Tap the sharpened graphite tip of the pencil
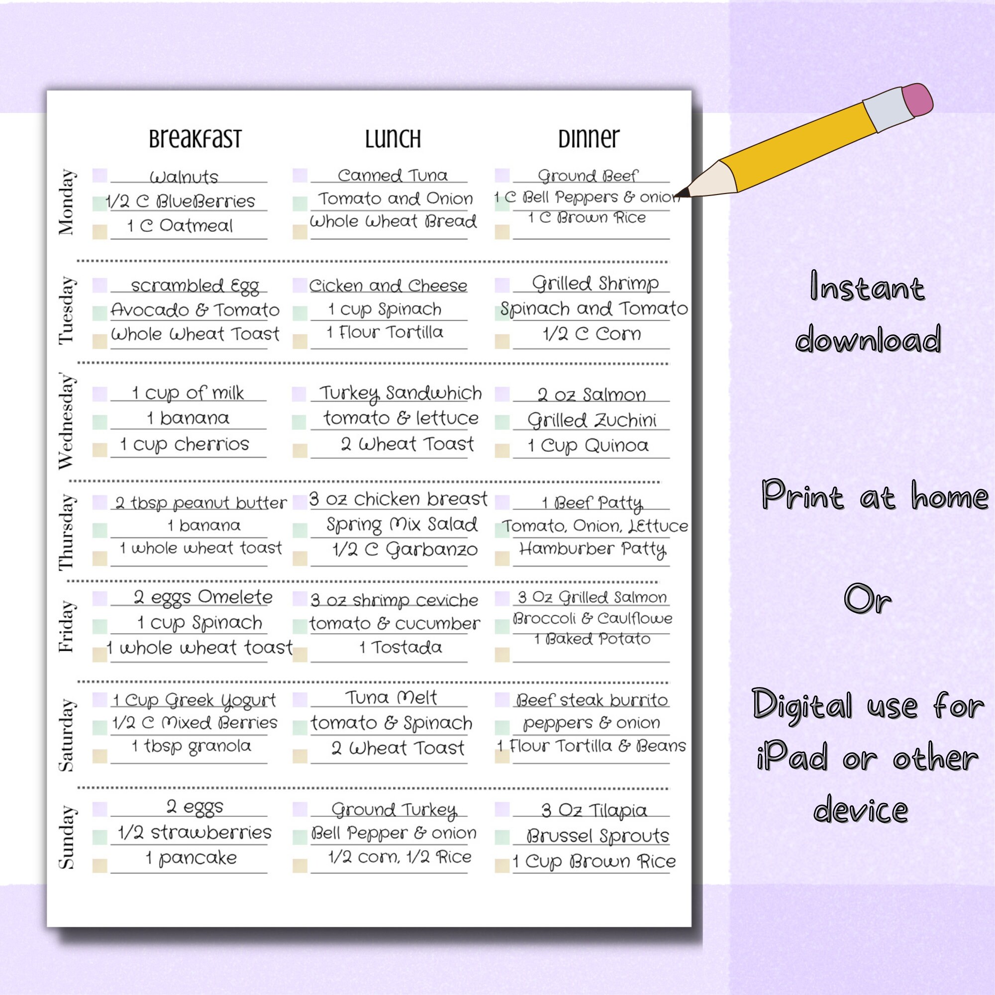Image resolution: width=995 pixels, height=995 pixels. click(x=683, y=193)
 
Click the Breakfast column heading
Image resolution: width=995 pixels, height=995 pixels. click(x=195, y=138)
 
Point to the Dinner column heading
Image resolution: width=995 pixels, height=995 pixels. click(x=589, y=138)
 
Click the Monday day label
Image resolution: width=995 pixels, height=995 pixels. click(x=67, y=202)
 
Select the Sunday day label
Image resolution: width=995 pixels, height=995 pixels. click(x=67, y=837)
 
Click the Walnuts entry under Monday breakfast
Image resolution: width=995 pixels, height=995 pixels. click(x=184, y=177)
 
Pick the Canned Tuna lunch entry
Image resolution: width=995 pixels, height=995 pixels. click(x=393, y=176)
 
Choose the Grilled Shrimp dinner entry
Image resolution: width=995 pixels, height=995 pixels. click(x=595, y=284)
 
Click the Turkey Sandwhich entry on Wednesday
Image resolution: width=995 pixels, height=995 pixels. click(x=400, y=394)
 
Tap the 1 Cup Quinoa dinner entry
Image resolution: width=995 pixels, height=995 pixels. click(x=588, y=445)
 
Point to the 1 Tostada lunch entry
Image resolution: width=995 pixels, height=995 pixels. click(x=400, y=647)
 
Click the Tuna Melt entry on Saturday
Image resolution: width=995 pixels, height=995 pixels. click(x=391, y=698)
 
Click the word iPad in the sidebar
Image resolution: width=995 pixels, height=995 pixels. click(x=792, y=757)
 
